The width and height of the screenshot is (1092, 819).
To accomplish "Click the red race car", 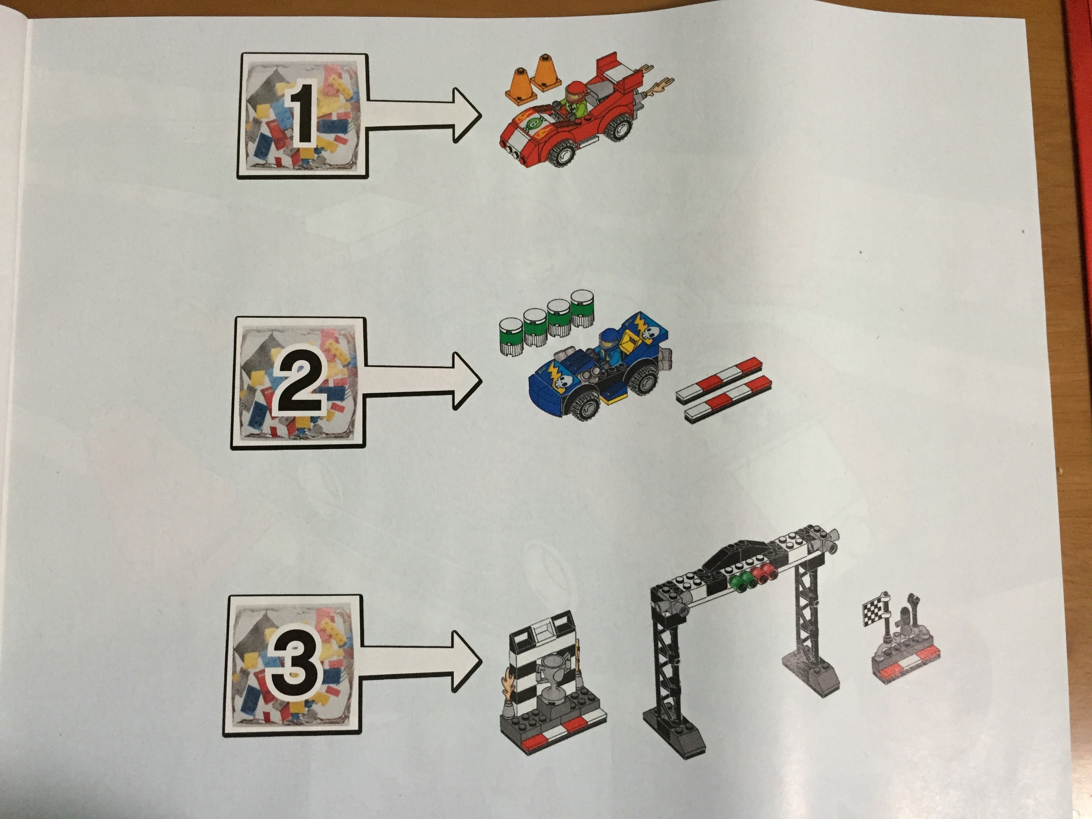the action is [x=582, y=118].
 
